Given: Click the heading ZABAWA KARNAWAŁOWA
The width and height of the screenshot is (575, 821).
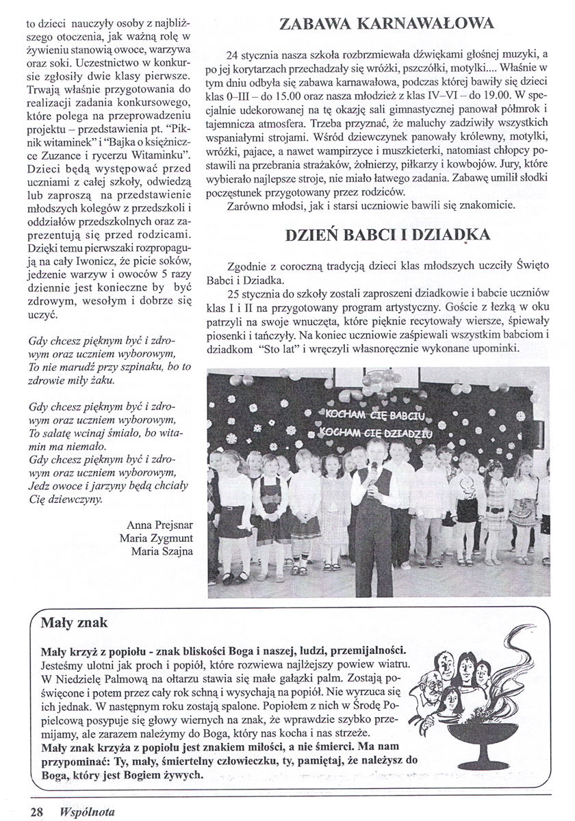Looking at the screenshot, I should (x=387, y=25).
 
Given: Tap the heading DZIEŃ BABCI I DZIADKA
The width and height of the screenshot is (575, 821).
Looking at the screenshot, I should (x=387, y=234).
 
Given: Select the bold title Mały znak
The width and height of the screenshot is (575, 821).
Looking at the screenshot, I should (x=74, y=623).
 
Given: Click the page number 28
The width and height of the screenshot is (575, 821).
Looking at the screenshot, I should (x=36, y=811).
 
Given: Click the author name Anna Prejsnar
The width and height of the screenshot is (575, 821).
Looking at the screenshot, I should (x=159, y=525).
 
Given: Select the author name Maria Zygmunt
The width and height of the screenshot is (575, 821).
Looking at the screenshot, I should (x=156, y=538).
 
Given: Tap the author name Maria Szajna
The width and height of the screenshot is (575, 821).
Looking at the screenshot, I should (x=160, y=551).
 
